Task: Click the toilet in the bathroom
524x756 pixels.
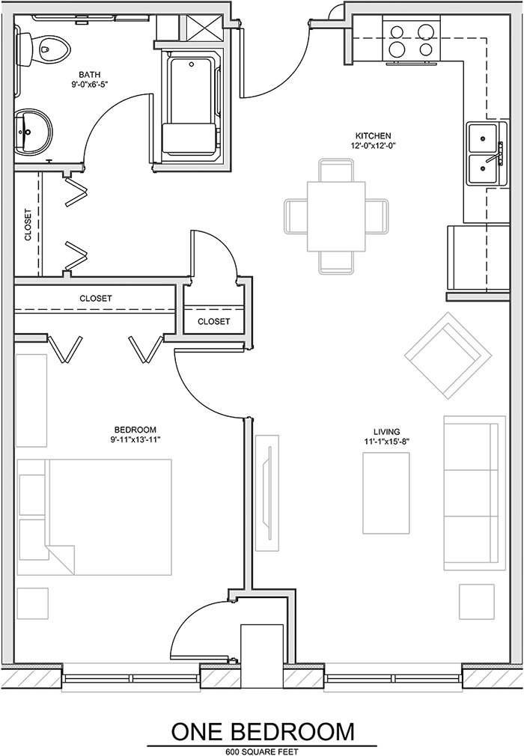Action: tap(43, 47)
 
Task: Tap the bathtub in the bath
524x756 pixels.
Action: tap(191, 106)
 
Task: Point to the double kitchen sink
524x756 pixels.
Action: tap(486, 154)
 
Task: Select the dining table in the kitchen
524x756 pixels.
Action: tap(336, 216)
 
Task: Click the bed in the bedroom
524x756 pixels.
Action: tap(94, 517)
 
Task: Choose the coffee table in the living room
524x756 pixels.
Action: tap(386, 493)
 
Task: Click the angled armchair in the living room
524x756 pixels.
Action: tap(448, 356)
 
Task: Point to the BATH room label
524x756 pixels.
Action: tap(90, 75)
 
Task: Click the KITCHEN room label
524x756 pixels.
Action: tap(374, 136)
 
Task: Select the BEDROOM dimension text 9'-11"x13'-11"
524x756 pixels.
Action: tap(135, 439)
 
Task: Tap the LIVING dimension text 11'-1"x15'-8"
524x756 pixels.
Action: tap(386, 441)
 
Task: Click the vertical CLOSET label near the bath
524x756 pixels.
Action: tap(28, 225)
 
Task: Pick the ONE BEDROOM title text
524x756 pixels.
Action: tap(263, 731)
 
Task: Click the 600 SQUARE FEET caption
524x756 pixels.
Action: tap(262, 752)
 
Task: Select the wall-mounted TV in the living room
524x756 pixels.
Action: tap(266, 493)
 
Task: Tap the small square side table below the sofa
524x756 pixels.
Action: tap(476, 602)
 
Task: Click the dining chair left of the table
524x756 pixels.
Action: tap(296, 216)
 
